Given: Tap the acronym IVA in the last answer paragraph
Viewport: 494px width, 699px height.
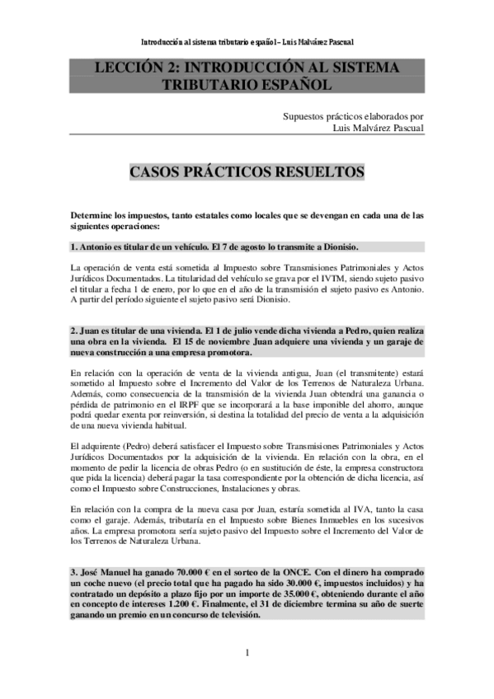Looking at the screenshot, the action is [361, 509].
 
